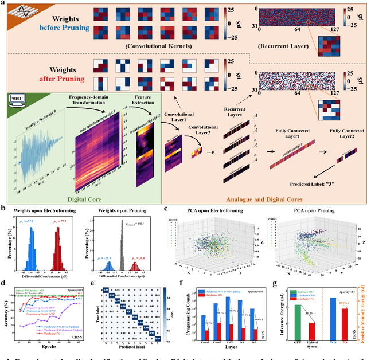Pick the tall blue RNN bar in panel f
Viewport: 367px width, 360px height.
coord(229,316)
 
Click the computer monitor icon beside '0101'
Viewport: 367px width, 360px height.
coord(17,101)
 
